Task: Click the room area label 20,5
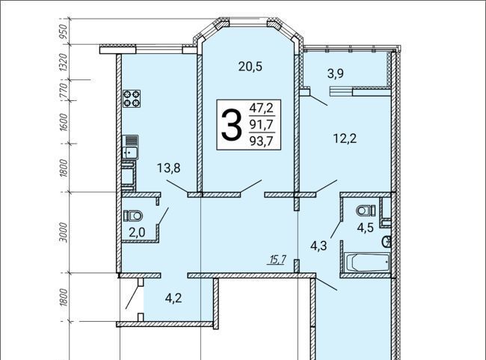pos(250,67)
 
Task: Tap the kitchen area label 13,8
pos(169,168)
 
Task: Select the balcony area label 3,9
pos(336,74)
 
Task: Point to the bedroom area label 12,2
pos(345,138)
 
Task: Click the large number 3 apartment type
pos(231,125)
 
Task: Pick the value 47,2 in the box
pos(261,109)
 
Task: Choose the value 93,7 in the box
pos(261,141)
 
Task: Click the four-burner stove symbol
pos(132,98)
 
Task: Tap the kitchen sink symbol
pos(130,147)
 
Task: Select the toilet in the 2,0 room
pos(133,216)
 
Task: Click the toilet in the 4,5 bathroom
pos(366,211)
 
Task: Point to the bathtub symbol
pos(366,262)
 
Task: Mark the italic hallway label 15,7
pos(277,260)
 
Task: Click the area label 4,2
pos(173,298)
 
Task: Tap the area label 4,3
pos(319,246)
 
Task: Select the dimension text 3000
pos(64,232)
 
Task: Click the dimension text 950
pos(64,31)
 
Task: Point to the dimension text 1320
pos(64,62)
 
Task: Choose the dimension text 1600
pos(64,122)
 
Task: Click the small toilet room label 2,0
pos(137,232)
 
